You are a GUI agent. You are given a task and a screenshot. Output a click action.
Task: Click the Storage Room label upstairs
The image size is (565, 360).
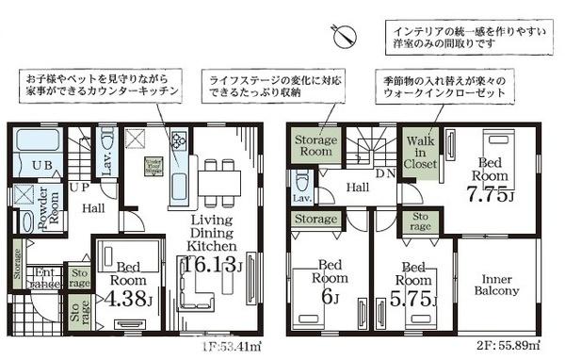tap(314, 145)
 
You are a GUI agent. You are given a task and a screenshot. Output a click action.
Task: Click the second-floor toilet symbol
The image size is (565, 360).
tap(302, 181)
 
